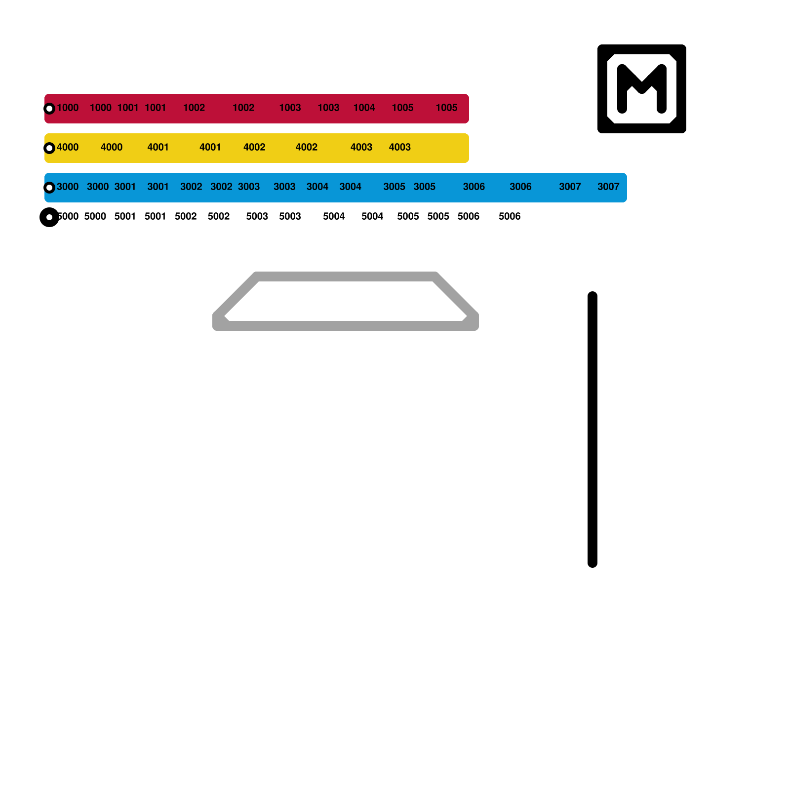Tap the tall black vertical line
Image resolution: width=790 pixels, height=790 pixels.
[x=592, y=430]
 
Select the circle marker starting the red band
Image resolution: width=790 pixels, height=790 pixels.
[x=49, y=109]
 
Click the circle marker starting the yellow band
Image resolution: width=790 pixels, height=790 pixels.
[x=49, y=148]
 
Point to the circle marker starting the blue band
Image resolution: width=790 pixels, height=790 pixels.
[x=49, y=188]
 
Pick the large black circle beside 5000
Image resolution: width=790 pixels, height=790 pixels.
[x=49, y=217]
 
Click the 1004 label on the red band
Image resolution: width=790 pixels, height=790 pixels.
[x=364, y=108]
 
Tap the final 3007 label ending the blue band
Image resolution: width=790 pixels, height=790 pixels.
[x=608, y=187]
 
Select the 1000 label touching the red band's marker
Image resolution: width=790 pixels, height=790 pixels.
[x=68, y=108]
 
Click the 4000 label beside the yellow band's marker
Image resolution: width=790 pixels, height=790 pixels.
[x=68, y=147]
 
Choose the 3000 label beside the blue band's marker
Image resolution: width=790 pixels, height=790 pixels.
[x=68, y=187]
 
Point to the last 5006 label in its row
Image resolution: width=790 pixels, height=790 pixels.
[x=510, y=216]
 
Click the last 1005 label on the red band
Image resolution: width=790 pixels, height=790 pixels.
[x=446, y=108]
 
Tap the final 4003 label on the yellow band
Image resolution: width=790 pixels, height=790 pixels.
[x=399, y=147]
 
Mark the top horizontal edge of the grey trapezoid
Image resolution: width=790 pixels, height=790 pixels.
[x=346, y=276]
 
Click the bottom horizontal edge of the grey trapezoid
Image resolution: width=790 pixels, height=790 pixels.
[x=346, y=326]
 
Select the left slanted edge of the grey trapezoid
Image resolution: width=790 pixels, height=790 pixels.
[x=236, y=295]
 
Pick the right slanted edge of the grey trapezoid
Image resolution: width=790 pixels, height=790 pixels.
[x=455, y=295]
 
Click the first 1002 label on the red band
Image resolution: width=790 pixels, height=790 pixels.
[x=194, y=108]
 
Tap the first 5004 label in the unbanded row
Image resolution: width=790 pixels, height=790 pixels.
[x=334, y=216]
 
